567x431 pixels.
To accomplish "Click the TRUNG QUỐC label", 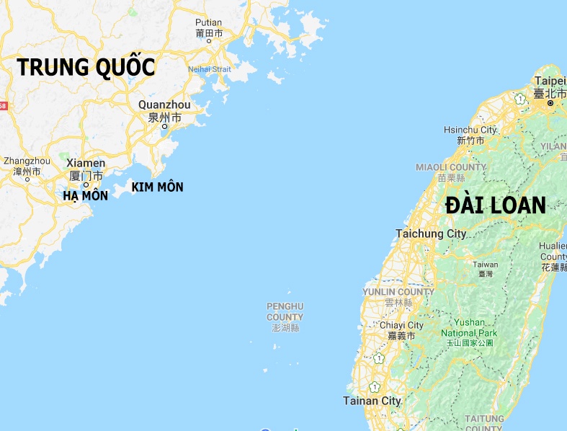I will click(x=86, y=67).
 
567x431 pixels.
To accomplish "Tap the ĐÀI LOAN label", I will click(x=496, y=205).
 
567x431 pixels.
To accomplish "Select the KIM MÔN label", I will click(x=157, y=187).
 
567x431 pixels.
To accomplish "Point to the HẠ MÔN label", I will click(x=85, y=195).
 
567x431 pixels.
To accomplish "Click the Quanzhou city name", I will click(x=164, y=105).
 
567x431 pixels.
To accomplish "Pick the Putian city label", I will click(x=209, y=23).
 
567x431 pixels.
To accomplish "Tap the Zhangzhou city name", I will click(x=27, y=161).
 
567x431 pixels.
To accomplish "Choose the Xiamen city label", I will click(x=86, y=164).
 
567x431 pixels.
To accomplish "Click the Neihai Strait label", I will click(x=210, y=69).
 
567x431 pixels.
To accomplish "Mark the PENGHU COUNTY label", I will click(x=285, y=311).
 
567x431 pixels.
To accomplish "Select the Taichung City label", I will click(x=431, y=234).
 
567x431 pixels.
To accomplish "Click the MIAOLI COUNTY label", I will click(x=451, y=167).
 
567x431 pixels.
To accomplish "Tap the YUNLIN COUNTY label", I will click(x=398, y=292).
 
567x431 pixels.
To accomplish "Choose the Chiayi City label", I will click(x=401, y=326).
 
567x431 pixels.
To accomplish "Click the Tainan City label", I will click(x=371, y=401).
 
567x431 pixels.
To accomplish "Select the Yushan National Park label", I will click(x=469, y=328).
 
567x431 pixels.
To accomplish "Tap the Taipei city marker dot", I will click(x=550, y=103).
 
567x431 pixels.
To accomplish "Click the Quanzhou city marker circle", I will click(x=164, y=127).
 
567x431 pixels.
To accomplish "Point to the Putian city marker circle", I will click(x=209, y=41).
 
